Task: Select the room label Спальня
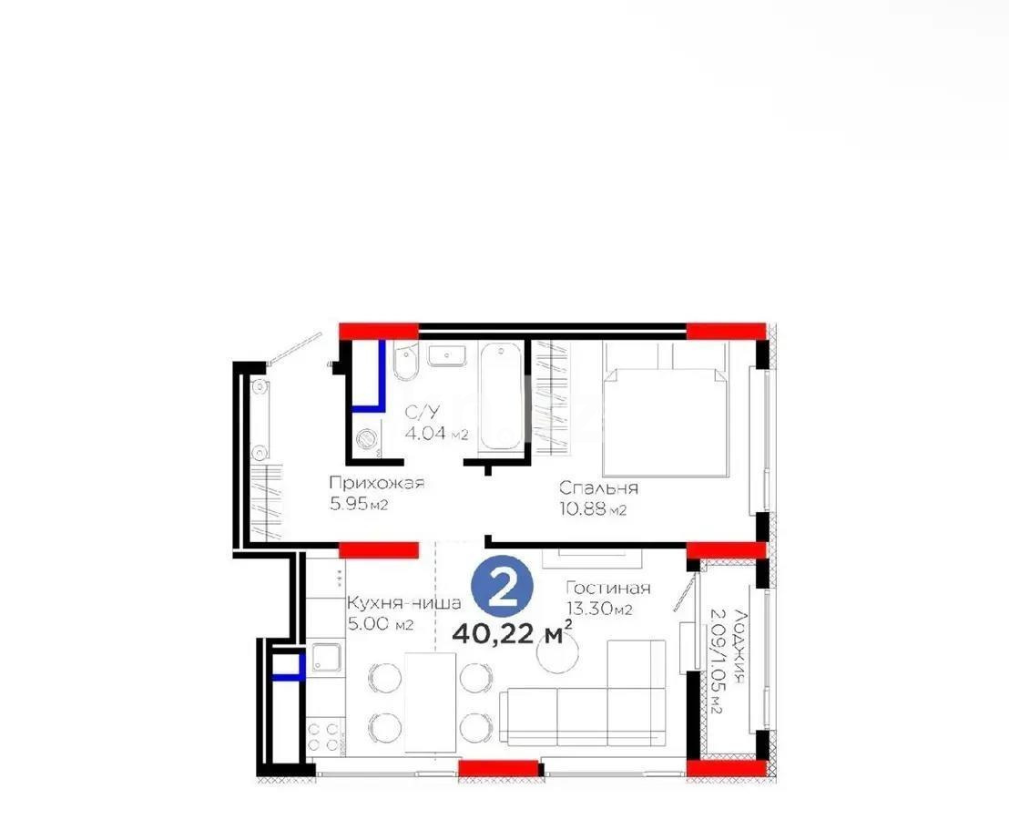click(x=598, y=488)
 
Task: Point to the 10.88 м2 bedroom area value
click(x=593, y=509)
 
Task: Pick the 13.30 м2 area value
click(x=598, y=610)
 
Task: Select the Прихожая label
click(x=376, y=483)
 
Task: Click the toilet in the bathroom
click(x=405, y=364)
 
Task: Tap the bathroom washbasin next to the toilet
click(x=447, y=355)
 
